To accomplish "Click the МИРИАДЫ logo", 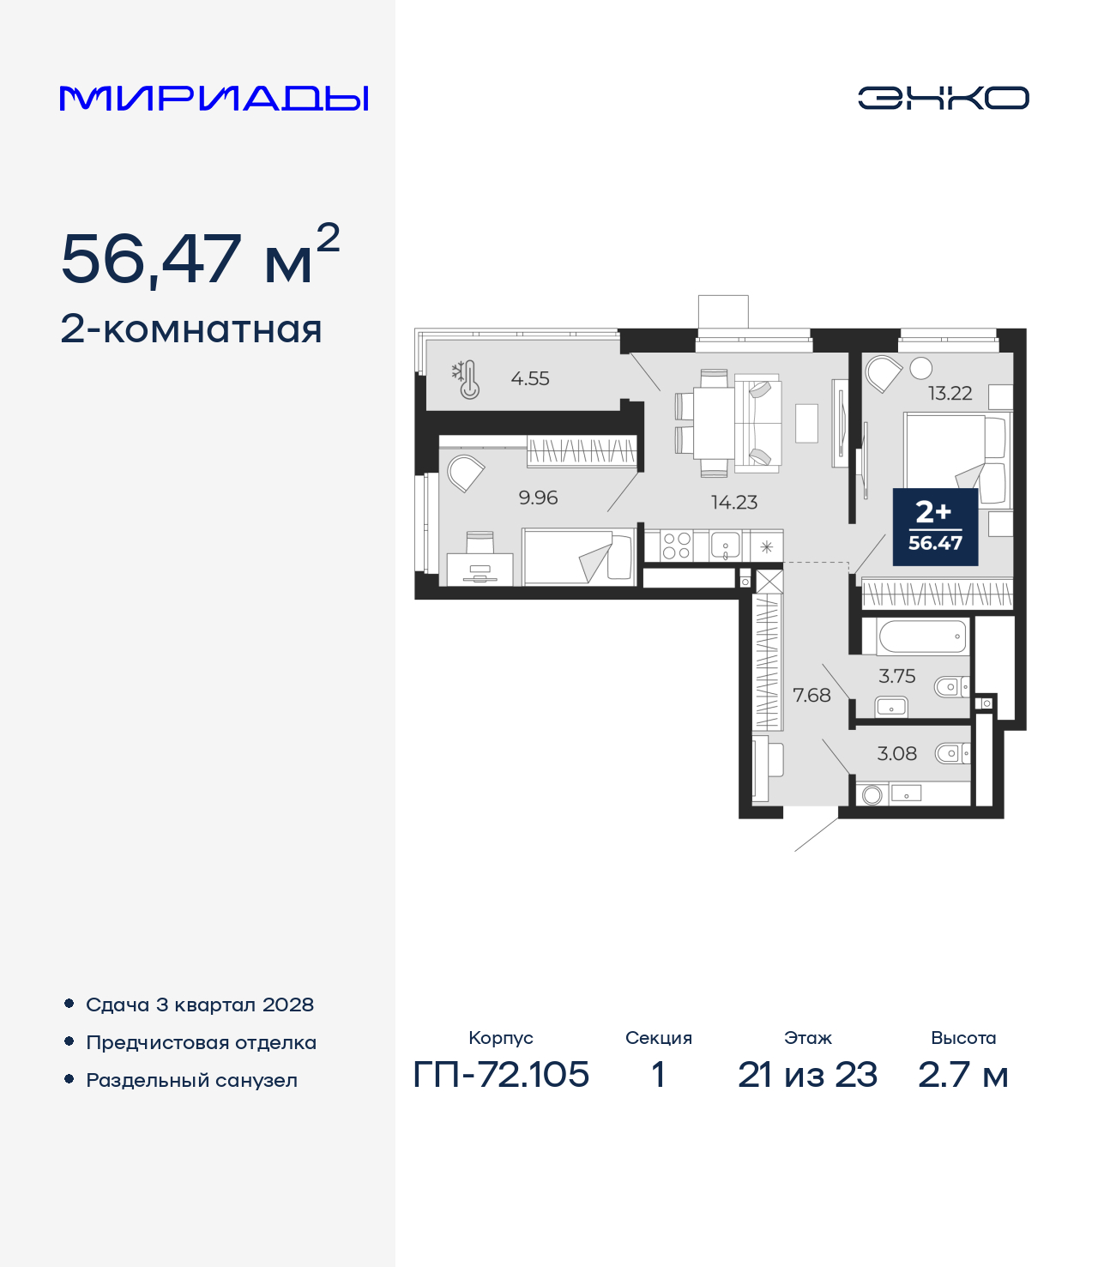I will click(x=214, y=98).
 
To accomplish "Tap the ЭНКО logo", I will click(x=943, y=98).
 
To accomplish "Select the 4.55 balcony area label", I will click(x=530, y=378).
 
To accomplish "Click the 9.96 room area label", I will click(x=538, y=498).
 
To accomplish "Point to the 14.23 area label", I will click(x=734, y=503).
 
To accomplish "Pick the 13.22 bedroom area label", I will click(x=950, y=394).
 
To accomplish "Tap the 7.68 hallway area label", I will click(x=811, y=696).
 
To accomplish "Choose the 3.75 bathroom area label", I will click(x=896, y=677).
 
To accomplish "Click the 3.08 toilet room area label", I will click(x=896, y=754).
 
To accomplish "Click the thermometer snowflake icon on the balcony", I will click(x=466, y=379).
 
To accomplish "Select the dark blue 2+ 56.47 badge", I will click(x=935, y=527).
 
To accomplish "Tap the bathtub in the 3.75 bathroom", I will click(x=922, y=637).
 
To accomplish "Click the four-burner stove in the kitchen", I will click(x=676, y=546).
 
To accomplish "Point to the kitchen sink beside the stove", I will click(x=726, y=546).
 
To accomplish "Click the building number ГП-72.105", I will click(x=501, y=1074).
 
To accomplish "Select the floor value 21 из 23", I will click(x=807, y=1074).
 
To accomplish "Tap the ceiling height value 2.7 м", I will click(x=962, y=1074).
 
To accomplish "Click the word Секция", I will click(x=658, y=1038).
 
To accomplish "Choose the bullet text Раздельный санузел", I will click(x=191, y=1080).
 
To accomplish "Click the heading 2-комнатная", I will click(x=191, y=329).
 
